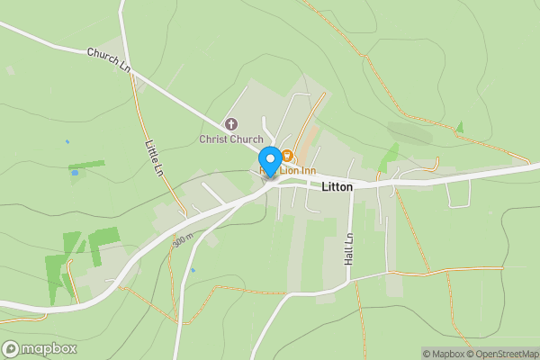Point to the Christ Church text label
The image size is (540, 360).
[x=231, y=139]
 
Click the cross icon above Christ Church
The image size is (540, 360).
[x=231, y=124]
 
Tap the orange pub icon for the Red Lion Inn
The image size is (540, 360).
[x=286, y=157]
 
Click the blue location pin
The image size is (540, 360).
[x=268, y=158]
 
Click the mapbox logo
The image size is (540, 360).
[x=40, y=349]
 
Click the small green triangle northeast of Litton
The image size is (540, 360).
[x=460, y=128]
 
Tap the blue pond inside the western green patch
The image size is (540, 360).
[x=74, y=173]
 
